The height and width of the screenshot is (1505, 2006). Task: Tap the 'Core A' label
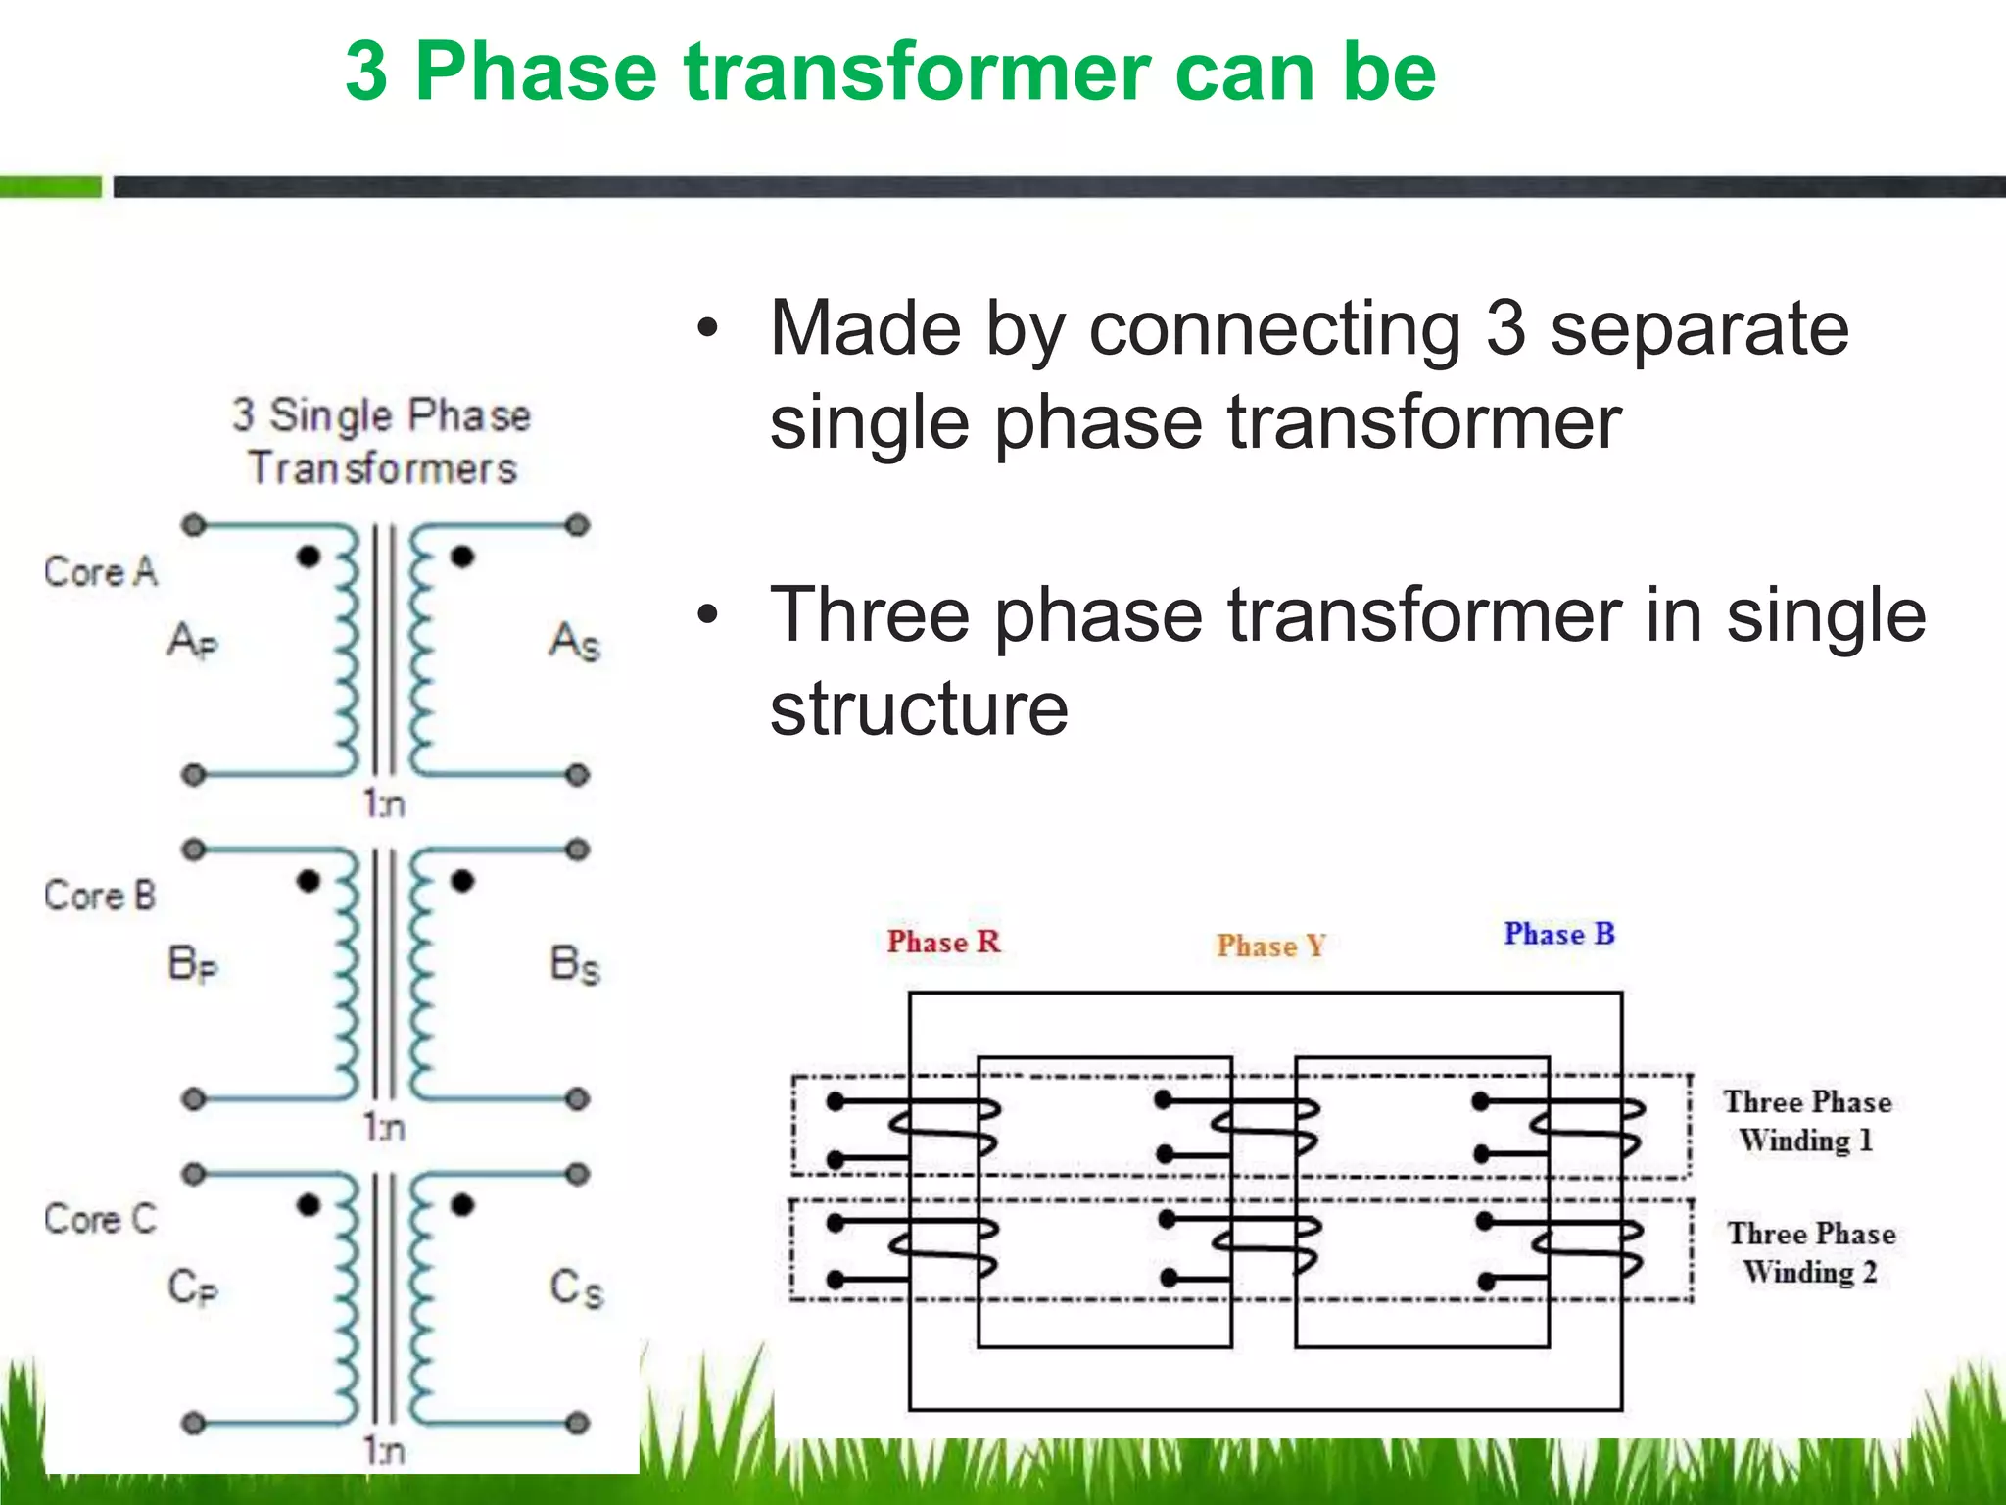(x=100, y=571)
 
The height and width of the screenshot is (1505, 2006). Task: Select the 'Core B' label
(x=100, y=895)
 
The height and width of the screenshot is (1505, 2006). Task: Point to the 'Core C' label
(x=100, y=1219)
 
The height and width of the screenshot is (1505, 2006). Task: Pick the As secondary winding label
(x=574, y=642)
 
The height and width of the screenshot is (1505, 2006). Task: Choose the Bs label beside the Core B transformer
(x=574, y=964)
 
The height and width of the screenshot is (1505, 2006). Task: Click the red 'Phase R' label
(x=943, y=942)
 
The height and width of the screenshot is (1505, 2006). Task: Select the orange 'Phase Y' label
(x=1270, y=946)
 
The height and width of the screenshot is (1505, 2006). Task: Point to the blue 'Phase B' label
(x=1559, y=934)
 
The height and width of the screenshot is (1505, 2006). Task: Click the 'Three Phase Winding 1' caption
(x=1807, y=1121)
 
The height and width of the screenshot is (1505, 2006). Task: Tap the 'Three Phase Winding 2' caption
(x=1811, y=1252)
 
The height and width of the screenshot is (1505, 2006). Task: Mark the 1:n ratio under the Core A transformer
(x=383, y=803)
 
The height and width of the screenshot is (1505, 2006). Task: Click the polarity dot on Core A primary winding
(x=309, y=557)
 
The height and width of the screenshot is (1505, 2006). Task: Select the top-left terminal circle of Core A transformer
(x=194, y=525)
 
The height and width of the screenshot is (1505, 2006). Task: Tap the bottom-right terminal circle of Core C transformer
(x=578, y=1423)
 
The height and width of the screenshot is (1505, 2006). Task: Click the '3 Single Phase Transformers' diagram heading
(x=382, y=441)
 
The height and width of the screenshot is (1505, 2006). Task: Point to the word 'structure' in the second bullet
(x=919, y=708)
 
